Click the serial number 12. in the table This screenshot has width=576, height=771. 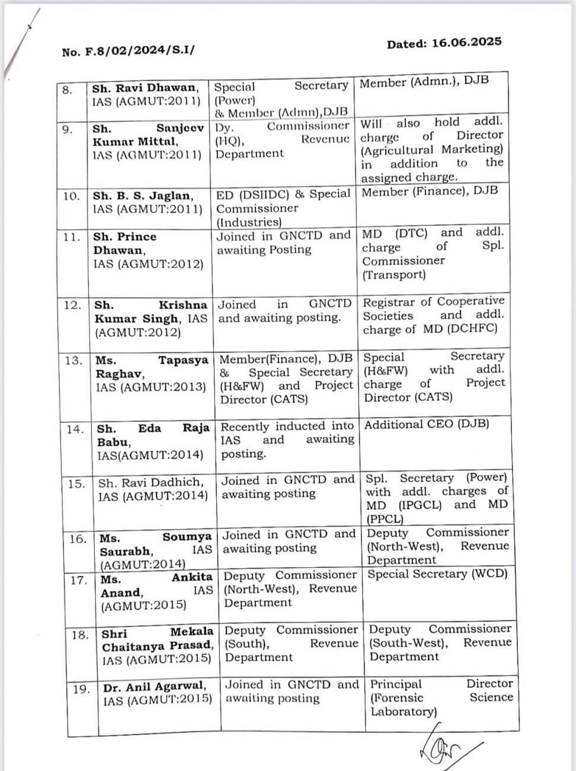(72, 305)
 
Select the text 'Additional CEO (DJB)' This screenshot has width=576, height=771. (427, 425)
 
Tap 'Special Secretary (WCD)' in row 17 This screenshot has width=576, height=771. (437, 574)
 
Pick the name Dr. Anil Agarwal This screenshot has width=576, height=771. (155, 687)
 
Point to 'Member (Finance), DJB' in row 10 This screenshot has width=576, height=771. (430, 192)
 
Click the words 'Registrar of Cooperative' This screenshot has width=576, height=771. (433, 302)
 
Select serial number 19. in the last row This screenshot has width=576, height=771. (81, 689)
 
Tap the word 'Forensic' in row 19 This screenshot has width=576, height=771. (397, 697)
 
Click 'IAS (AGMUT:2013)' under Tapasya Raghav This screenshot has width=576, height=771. (151, 387)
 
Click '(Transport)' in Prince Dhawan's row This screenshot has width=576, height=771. (393, 275)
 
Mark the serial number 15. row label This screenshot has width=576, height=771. (76, 484)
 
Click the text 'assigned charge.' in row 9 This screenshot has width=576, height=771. (409, 177)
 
